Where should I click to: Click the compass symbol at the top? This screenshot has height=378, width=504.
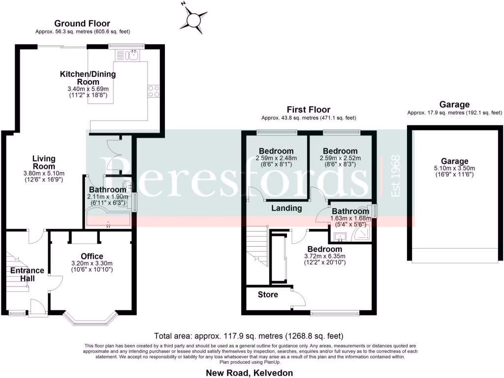(193, 19)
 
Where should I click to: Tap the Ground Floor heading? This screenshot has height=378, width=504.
(82, 23)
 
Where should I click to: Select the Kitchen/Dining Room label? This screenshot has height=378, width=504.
(88, 78)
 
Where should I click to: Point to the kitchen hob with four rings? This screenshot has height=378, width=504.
(153, 92)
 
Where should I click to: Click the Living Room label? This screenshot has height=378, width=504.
(44, 162)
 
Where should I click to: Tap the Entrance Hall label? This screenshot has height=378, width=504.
(27, 275)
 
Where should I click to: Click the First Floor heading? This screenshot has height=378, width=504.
(309, 109)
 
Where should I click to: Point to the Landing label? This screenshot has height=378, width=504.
(287, 208)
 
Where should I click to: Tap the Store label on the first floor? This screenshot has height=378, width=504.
(268, 295)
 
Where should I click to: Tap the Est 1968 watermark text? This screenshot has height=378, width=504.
(395, 177)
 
